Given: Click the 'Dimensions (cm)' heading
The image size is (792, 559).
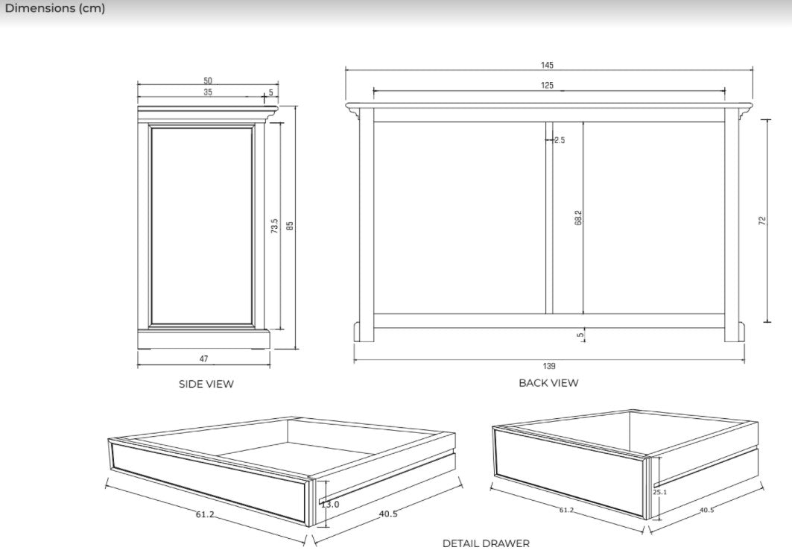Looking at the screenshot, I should pyautogui.click(x=55, y=9).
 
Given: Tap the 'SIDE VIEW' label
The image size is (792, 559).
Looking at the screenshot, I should pyautogui.click(x=206, y=384).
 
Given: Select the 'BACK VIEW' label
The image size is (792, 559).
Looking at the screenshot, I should pyautogui.click(x=548, y=382).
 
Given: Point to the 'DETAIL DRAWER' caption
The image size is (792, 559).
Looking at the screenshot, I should pyautogui.click(x=486, y=543).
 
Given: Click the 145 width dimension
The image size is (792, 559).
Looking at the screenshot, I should pyautogui.click(x=547, y=66).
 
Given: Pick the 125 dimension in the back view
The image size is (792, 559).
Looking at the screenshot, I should pyautogui.click(x=547, y=86).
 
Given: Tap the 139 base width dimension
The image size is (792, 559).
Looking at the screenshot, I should pyautogui.click(x=549, y=366).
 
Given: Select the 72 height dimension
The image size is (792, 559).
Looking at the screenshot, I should pyautogui.click(x=762, y=221).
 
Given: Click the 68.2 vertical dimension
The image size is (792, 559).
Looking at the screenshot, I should pyautogui.click(x=578, y=218).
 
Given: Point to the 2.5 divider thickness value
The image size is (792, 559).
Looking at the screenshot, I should pyautogui.click(x=560, y=140).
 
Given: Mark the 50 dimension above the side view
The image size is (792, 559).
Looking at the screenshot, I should pyautogui.click(x=208, y=80).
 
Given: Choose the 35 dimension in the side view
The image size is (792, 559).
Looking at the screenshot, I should pyautogui.click(x=208, y=92).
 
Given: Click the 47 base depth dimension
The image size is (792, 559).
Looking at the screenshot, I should pyautogui.click(x=204, y=359).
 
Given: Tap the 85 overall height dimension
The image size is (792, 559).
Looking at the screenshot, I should pyautogui.click(x=291, y=224).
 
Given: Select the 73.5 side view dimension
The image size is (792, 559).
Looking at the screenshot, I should pyautogui.click(x=274, y=227).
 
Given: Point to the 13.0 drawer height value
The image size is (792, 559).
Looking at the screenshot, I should pyautogui.click(x=330, y=505).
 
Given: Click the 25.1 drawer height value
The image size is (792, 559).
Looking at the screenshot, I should pyautogui.click(x=659, y=492).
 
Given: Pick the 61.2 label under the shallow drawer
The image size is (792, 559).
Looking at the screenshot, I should pyautogui.click(x=206, y=514).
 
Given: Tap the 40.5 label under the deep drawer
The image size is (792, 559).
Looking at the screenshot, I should pyautogui.click(x=706, y=511).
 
